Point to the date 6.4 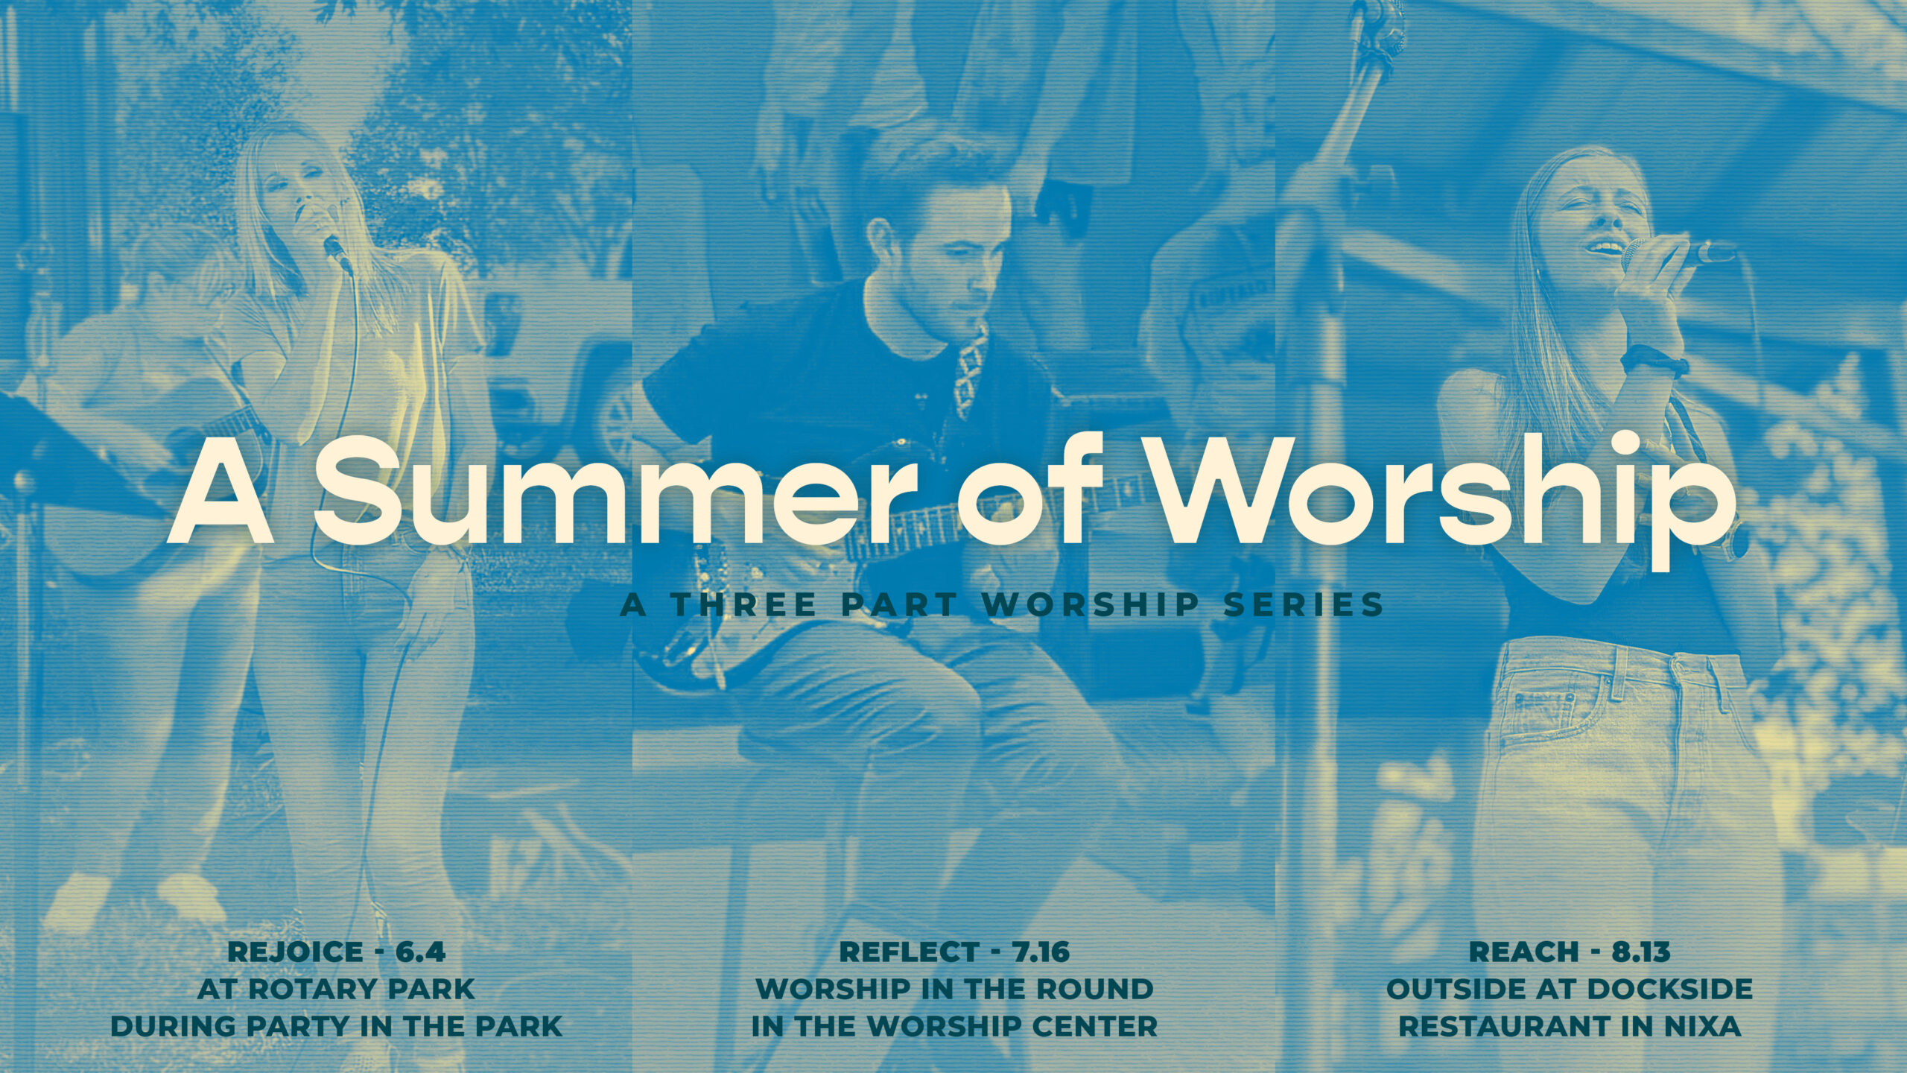[x=420, y=952]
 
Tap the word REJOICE [x=295, y=952]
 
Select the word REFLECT [x=909, y=952]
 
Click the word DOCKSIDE [x=1669, y=989]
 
